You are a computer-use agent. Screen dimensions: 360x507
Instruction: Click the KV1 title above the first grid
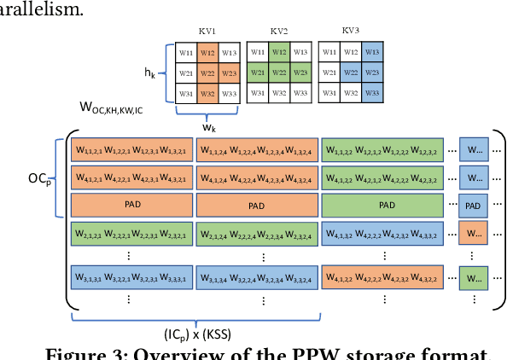click(x=207, y=31)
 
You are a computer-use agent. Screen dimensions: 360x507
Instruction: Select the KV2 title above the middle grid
click(x=278, y=31)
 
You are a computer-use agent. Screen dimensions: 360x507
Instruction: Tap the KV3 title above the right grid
click(x=350, y=31)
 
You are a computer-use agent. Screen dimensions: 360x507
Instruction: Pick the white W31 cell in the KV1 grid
click(x=187, y=93)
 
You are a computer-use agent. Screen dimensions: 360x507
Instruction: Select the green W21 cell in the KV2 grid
click(x=258, y=73)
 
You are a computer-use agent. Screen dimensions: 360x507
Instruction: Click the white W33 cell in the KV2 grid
click(x=299, y=93)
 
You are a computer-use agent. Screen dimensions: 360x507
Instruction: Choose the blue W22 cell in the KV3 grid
click(x=350, y=73)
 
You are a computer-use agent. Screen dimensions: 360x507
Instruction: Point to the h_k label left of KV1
click(x=150, y=73)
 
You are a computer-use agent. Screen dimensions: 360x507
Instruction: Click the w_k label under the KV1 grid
click(x=208, y=128)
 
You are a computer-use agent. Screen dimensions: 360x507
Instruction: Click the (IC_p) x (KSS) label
click(x=196, y=334)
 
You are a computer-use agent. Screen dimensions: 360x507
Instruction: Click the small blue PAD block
click(x=473, y=206)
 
